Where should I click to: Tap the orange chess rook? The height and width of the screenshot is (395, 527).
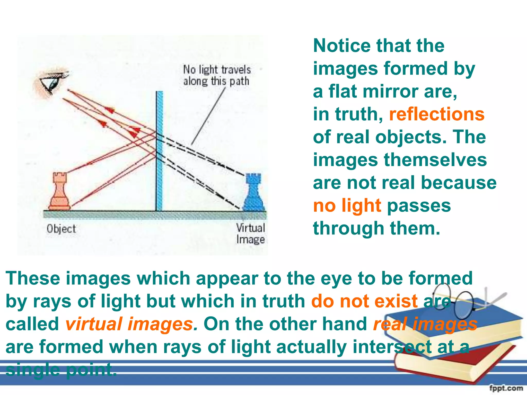point(60,192)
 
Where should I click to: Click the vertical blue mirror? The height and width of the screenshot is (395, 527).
point(160,152)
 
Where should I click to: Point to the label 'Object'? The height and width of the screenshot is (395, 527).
point(61,229)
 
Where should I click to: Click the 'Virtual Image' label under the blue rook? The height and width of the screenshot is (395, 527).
point(251,234)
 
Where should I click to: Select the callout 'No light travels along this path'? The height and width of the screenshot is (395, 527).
point(217,75)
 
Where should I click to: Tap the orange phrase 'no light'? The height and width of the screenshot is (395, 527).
point(347,206)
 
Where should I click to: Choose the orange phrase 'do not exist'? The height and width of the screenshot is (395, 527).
point(364,301)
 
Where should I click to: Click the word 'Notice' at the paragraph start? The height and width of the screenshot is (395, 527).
point(342,46)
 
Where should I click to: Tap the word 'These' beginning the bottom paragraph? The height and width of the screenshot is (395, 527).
point(33,279)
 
